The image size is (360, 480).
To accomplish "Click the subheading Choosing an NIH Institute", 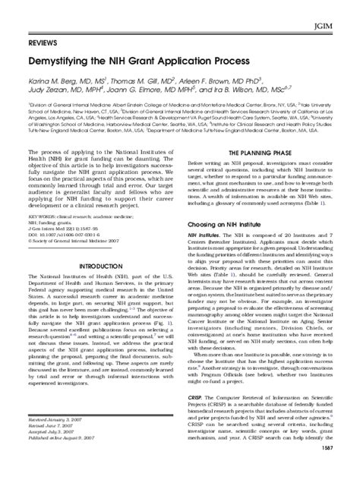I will [233, 204].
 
